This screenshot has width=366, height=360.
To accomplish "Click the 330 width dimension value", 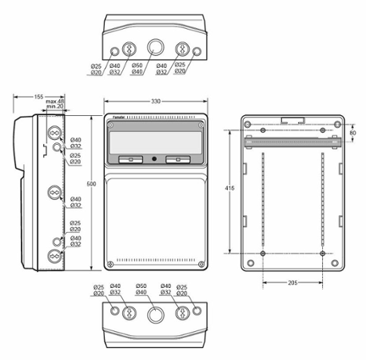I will pyautogui.click(x=156, y=102).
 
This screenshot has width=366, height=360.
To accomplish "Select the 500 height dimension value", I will pyautogui.click(x=90, y=183).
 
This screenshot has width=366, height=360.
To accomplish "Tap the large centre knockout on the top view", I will pyautogui.click(x=155, y=46).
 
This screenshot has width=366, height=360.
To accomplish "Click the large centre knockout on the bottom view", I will pyautogui.click(x=155, y=313).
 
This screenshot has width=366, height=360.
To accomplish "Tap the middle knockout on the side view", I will pyautogui.click(x=55, y=191).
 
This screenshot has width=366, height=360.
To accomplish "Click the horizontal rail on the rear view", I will pyautogui.click(x=292, y=142).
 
